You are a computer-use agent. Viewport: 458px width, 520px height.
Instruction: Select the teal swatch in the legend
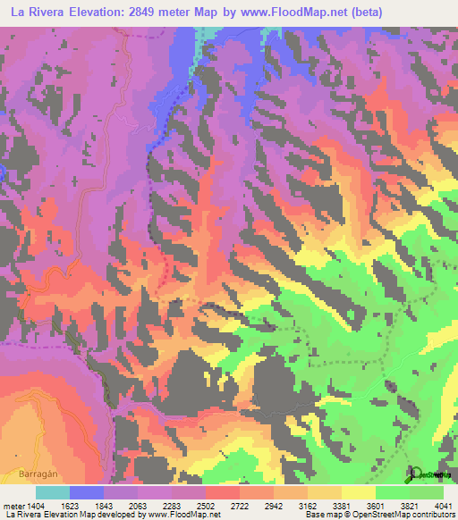tap(53, 492)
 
